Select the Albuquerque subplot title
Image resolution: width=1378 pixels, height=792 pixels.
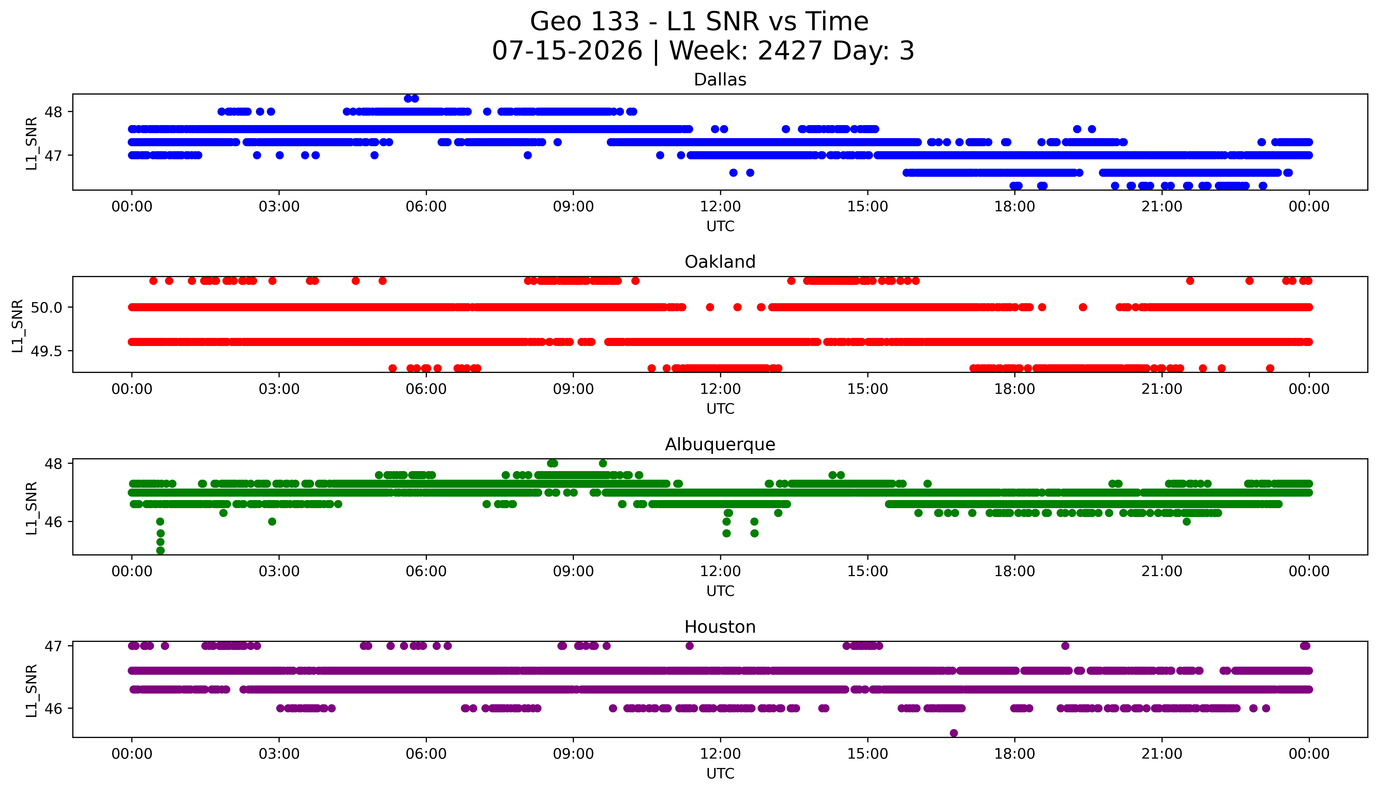click(720, 444)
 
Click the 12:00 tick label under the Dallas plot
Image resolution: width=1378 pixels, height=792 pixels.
click(721, 207)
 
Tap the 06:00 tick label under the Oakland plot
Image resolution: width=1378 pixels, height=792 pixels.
click(426, 389)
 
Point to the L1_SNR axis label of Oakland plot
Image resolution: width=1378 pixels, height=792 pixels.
click(17, 326)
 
